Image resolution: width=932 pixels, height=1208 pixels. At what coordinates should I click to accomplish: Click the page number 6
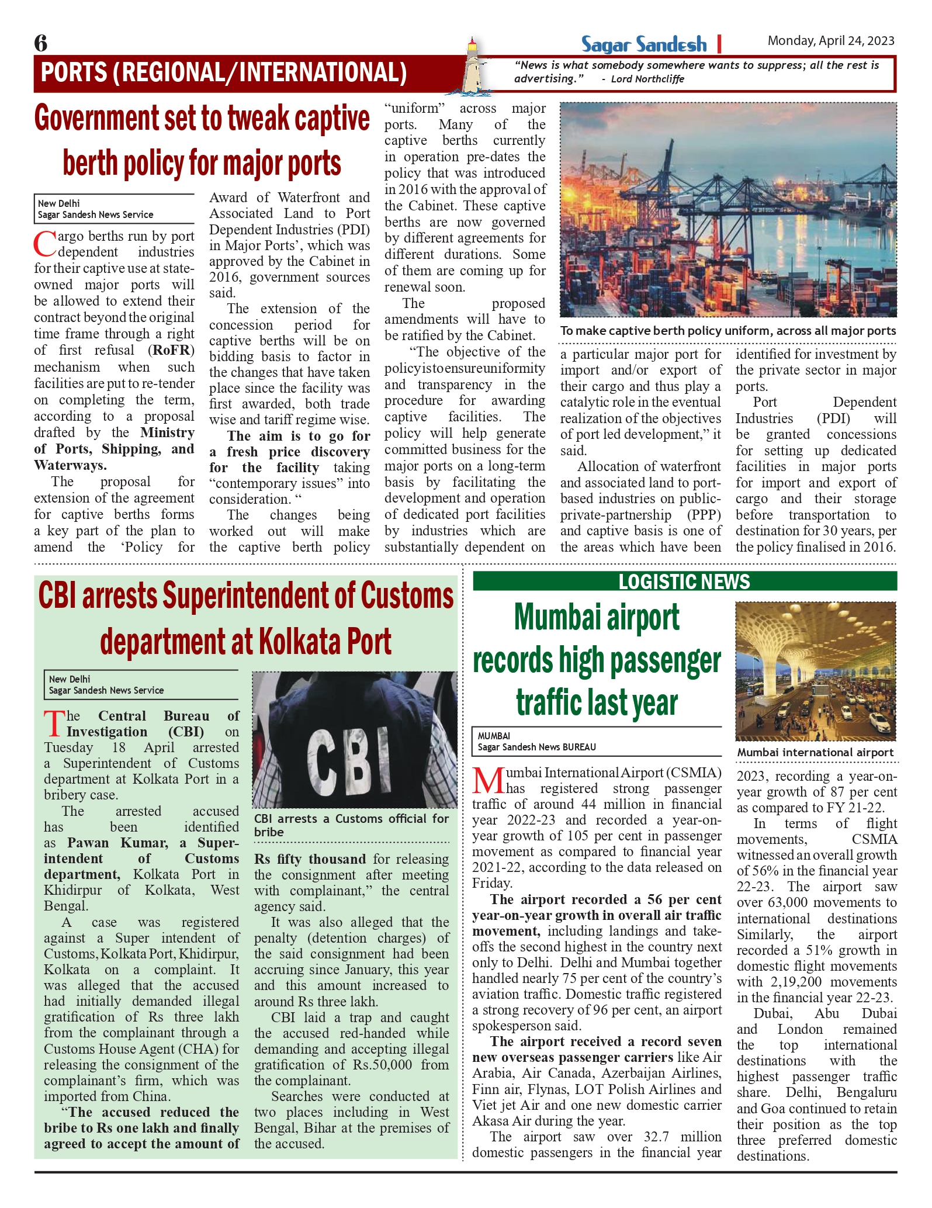pos(41,43)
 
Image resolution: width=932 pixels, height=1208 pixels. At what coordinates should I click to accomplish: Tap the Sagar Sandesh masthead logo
pos(643,44)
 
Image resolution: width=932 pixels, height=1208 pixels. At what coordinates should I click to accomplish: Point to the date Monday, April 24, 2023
pos(830,41)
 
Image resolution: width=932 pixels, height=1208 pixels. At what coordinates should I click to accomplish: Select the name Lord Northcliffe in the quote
pos(647,79)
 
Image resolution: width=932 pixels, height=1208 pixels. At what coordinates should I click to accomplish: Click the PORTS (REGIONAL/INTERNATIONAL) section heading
pos(224,72)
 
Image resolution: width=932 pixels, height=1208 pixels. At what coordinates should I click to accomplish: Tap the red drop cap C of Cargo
pos(44,244)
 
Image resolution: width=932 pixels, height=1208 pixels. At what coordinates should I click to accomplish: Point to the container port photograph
pos(727,210)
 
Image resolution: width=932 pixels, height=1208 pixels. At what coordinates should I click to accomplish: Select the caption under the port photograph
pos(727,331)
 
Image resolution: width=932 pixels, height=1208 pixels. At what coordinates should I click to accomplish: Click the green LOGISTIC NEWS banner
pos(684,581)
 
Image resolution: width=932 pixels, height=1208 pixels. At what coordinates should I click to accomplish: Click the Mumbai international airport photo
pos(816,671)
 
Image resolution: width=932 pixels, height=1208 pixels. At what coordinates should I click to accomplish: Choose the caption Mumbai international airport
pos(815,753)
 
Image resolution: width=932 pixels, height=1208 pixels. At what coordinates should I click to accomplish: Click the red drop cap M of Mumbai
pos(488,780)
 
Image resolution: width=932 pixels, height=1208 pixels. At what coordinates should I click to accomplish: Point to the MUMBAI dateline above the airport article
pos(494,736)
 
